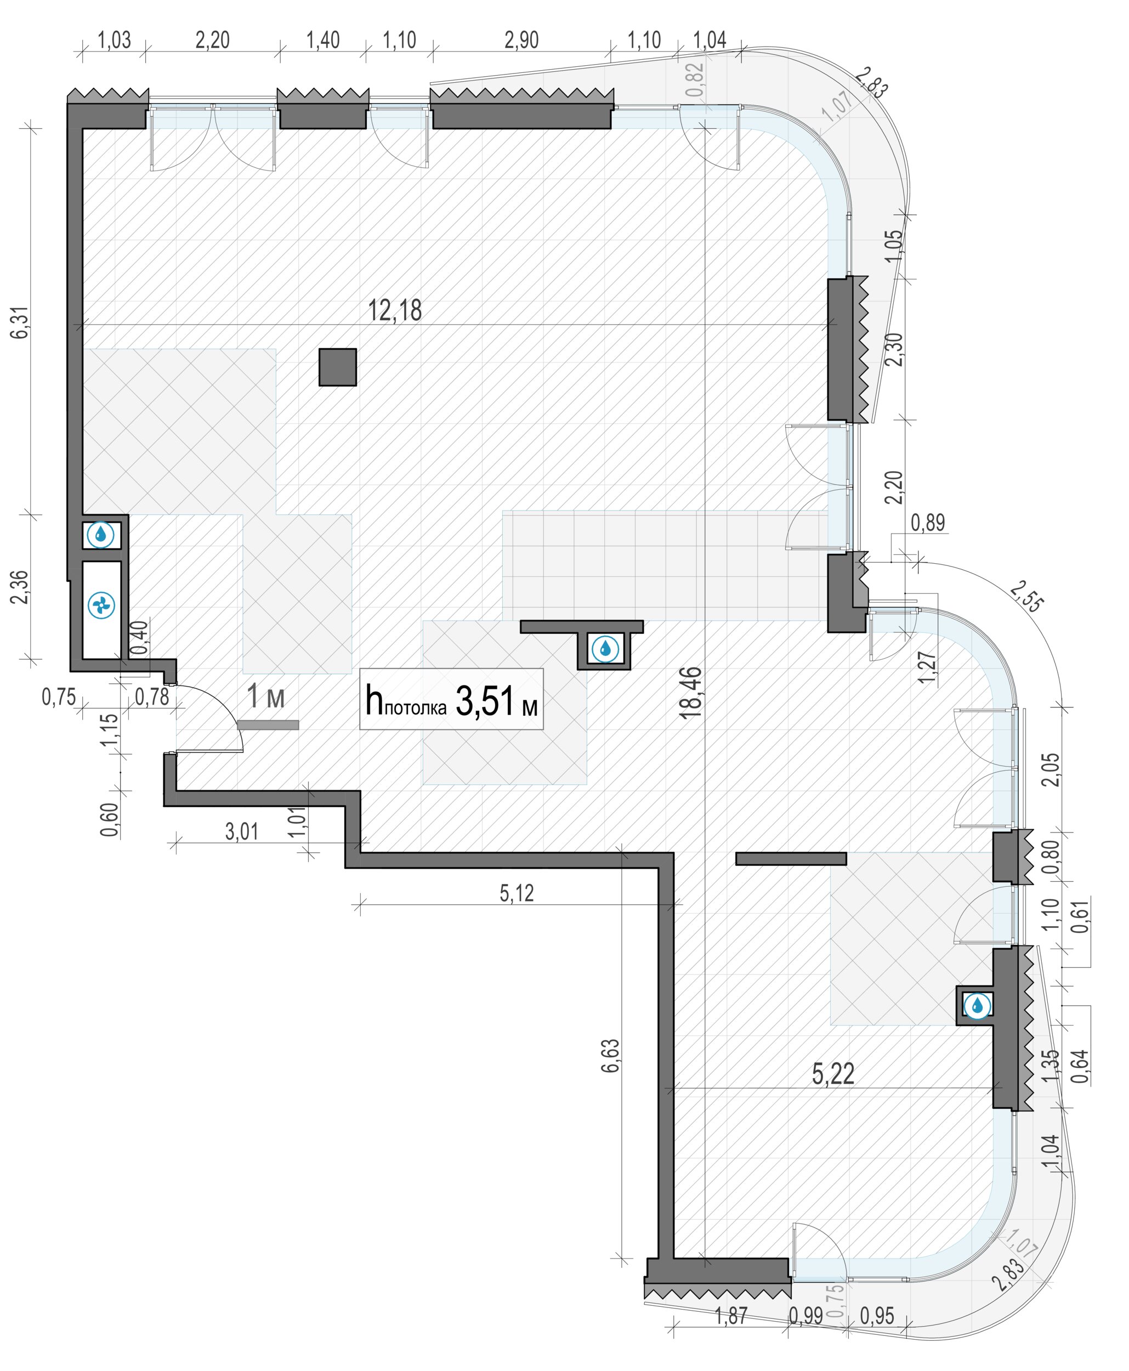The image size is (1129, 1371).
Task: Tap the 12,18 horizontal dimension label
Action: (395, 310)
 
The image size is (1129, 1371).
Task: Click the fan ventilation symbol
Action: (101, 605)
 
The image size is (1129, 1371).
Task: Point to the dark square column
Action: (338, 367)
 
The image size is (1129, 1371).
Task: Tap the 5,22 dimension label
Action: (833, 1074)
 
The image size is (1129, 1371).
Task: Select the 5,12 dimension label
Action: (517, 893)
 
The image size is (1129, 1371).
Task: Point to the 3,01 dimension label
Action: (241, 831)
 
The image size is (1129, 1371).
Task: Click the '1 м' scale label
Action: (265, 696)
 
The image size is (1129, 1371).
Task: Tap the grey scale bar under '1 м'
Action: (268, 724)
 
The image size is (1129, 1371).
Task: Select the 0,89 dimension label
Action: (927, 522)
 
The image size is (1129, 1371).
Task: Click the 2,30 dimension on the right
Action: (895, 349)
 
